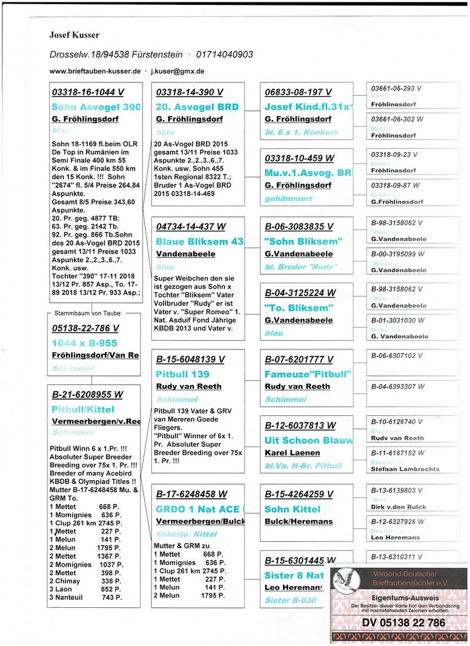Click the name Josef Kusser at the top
click(x=74, y=35)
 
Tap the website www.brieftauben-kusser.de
click(x=95, y=71)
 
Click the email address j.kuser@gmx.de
click(x=177, y=71)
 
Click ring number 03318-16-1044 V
click(x=88, y=93)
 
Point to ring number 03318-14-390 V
click(x=189, y=93)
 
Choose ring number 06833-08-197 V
click(x=298, y=93)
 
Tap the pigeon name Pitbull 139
click(x=183, y=374)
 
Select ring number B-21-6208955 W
click(x=87, y=394)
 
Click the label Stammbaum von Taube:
click(x=88, y=313)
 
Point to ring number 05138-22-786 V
click(x=85, y=329)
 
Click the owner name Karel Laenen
click(x=293, y=452)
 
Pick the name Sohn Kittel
click(x=293, y=509)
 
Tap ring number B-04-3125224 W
click(x=300, y=293)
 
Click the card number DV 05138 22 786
click(x=404, y=622)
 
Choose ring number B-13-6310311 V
click(x=397, y=556)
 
